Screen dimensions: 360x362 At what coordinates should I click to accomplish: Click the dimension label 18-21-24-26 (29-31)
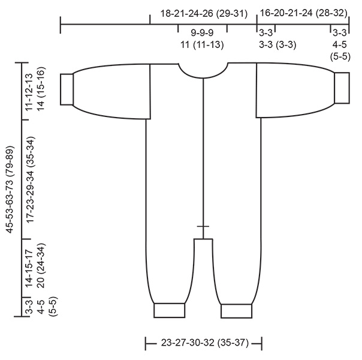[x=204, y=13]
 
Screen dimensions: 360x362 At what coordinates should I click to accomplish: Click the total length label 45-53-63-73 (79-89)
[x=10, y=189]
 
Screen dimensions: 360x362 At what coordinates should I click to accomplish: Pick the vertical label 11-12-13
[x=29, y=91]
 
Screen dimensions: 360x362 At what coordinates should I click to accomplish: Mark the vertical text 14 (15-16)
[x=40, y=91]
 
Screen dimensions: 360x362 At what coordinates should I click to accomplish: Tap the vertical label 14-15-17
[x=29, y=267]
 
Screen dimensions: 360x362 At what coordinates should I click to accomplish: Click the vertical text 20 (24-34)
[x=40, y=267]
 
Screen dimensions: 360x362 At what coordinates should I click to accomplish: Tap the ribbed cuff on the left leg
[x=171, y=310]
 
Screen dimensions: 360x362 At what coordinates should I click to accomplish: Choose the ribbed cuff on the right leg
[x=237, y=311]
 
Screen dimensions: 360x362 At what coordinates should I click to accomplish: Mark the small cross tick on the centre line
[x=204, y=226]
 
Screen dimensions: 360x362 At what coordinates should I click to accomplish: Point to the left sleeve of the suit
[x=111, y=90]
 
